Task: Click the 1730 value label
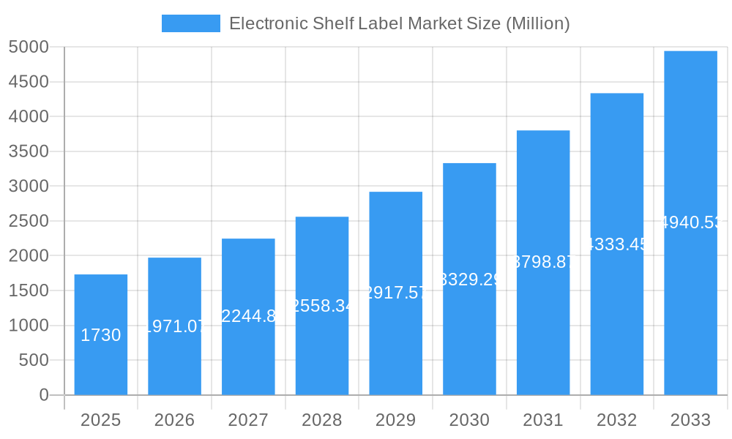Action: point(101,335)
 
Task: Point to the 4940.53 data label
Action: point(690,222)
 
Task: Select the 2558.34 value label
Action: point(322,306)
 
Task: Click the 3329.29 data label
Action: point(469,279)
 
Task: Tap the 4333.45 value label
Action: point(617,244)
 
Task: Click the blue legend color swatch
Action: point(190,23)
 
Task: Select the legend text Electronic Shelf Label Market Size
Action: point(399,23)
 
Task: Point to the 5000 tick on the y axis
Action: point(29,47)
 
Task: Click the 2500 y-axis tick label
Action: point(29,221)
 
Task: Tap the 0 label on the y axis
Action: point(43,395)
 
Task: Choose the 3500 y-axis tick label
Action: point(29,151)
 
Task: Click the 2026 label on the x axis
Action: point(174,420)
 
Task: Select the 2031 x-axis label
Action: point(543,420)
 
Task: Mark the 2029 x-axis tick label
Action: point(395,420)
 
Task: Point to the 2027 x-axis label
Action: point(248,420)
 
